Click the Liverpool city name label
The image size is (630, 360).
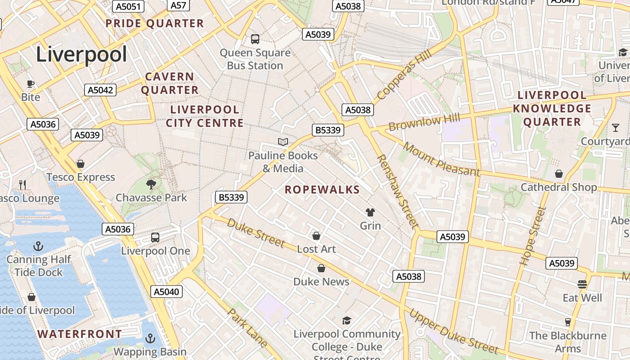tap(81, 55)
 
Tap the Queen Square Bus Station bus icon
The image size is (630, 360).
tap(255, 39)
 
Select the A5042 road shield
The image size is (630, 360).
tap(100, 90)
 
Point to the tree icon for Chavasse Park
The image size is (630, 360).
tap(151, 184)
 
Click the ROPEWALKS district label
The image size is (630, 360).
tap(322, 190)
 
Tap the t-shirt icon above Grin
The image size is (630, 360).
tap(370, 212)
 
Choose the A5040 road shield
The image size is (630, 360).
tap(166, 292)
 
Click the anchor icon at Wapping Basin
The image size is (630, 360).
tap(150, 338)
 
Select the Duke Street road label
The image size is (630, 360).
tap(256, 233)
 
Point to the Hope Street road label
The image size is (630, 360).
tap(533, 235)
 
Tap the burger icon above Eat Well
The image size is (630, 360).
tap(582, 284)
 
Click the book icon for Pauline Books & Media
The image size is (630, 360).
tap(283, 142)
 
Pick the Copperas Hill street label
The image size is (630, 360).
tap(404, 75)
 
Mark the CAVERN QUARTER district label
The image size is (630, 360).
tap(170, 83)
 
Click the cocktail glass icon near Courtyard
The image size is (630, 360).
tap(616, 128)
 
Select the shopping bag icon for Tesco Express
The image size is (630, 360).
tap(81, 164)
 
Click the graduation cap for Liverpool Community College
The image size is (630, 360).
tap(346, 320)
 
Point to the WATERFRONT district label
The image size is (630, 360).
tap(80, 334)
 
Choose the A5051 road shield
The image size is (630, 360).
tap(129, 6)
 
